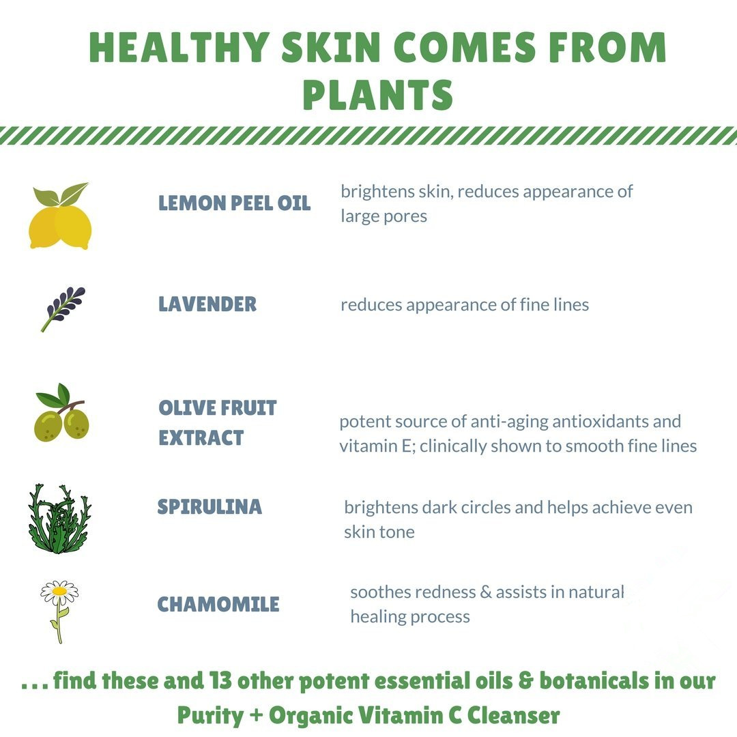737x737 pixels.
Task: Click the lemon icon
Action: (x=60, y=216)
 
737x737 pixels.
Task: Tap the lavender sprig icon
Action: (x=63, y=309)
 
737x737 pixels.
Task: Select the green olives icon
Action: (x=61, y=413)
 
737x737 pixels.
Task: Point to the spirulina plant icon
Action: (x=59, y=519)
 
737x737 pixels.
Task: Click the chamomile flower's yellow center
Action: (x=59, y=590)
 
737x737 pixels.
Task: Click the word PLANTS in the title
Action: (x=377, y=94)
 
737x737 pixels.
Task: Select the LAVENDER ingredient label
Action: (x=207, y=304)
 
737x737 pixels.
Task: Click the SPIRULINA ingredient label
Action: (x=209, y=506)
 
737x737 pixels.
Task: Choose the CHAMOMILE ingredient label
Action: (x=218, y=604)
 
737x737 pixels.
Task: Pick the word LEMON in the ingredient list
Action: (x=192, y=203)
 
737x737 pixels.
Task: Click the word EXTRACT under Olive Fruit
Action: (x=201, y=437)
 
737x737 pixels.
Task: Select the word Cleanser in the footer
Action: (x=513, y=715)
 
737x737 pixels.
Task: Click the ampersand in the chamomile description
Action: (x=486, y=592)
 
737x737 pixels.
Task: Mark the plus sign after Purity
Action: (x=256, y=715)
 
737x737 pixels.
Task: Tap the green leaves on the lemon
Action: (x=60, y=194)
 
